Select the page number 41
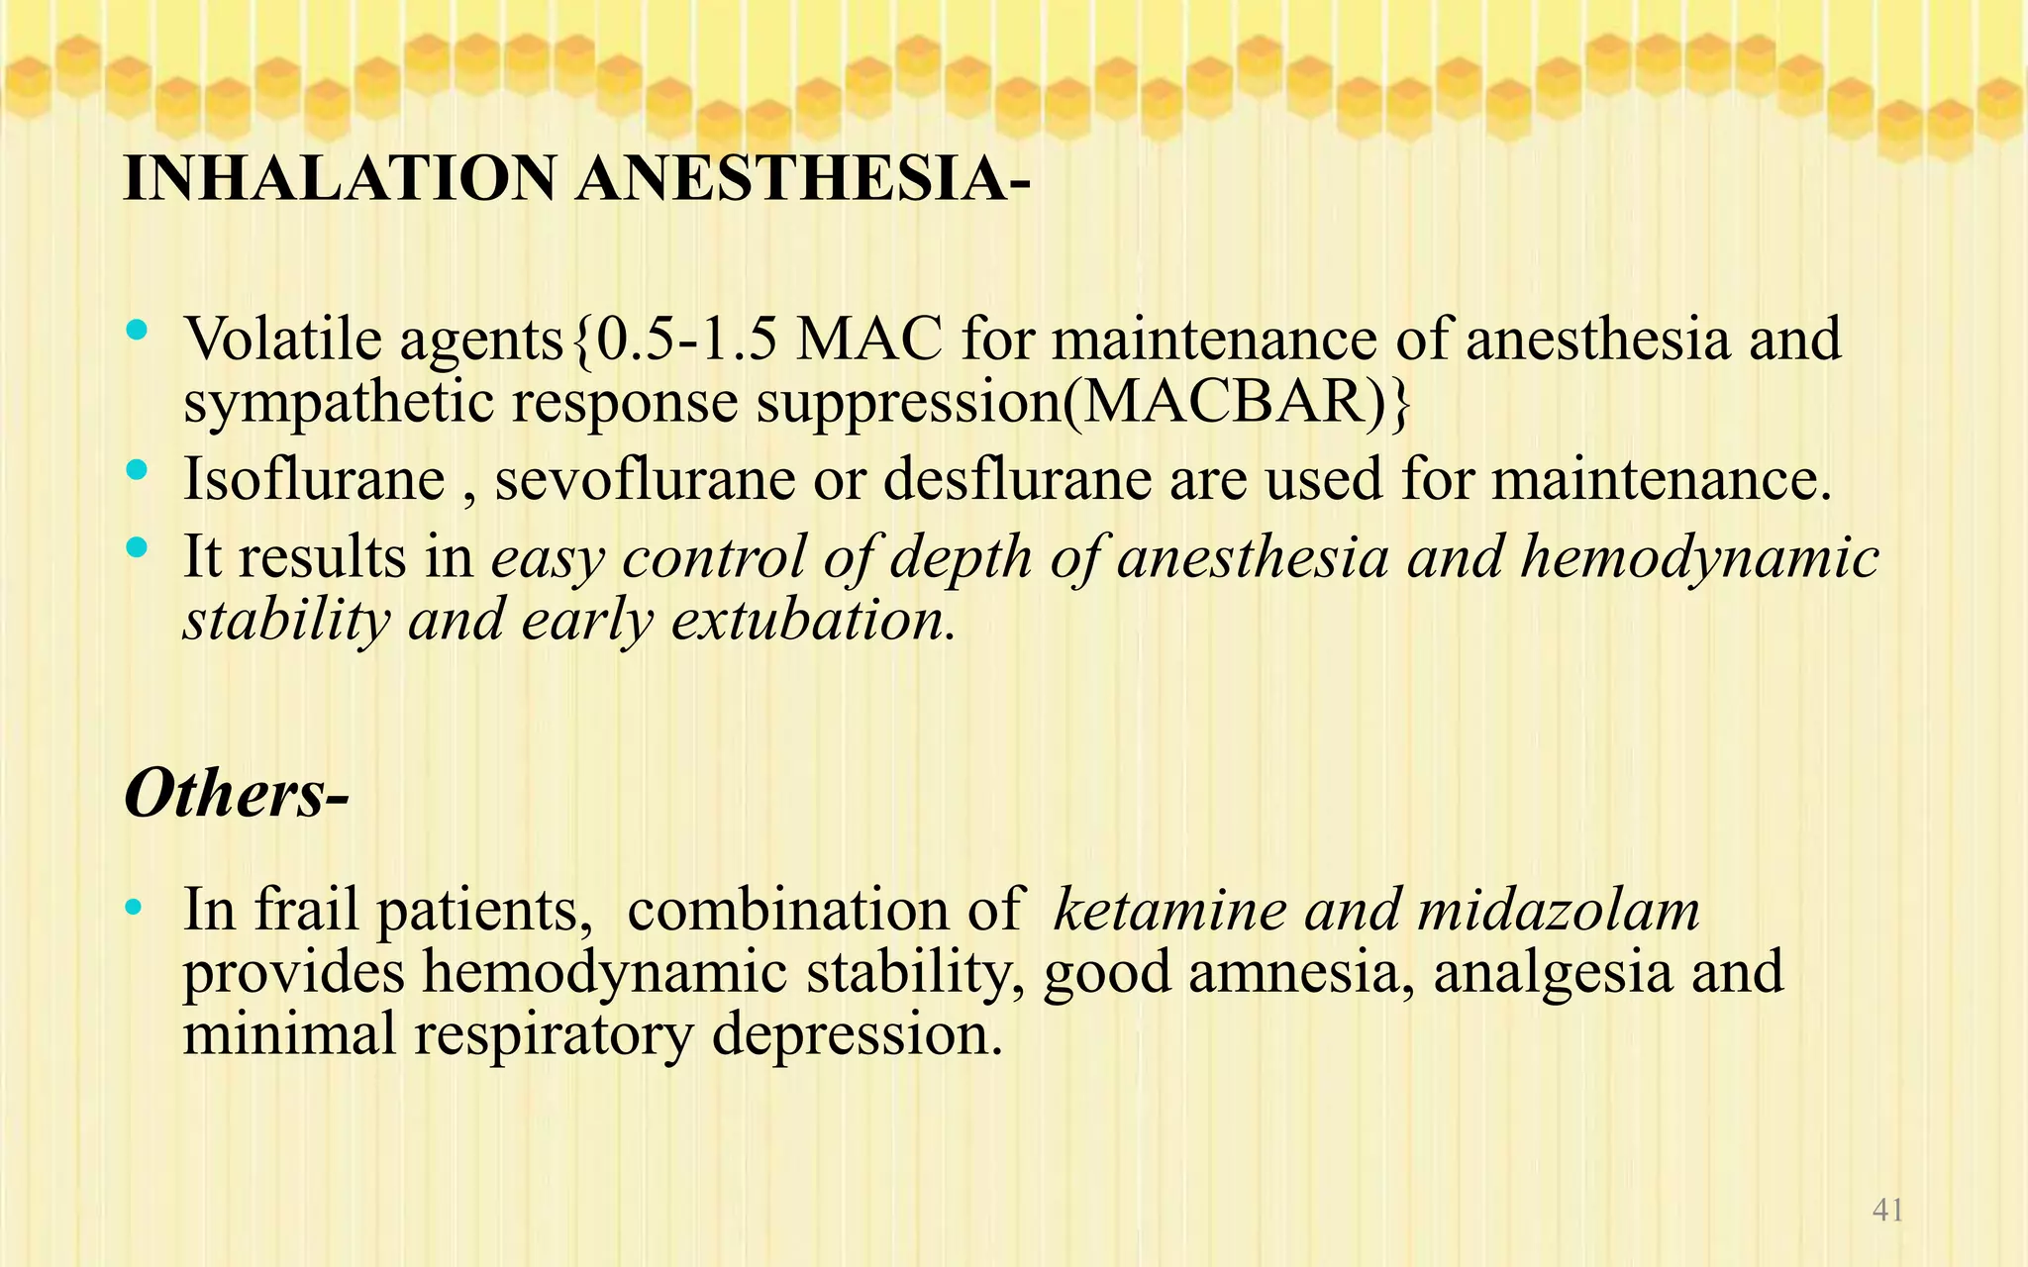(1887, 1210)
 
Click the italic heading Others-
(237, 793)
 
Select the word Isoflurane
(314, 480)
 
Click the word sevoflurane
(645, 480)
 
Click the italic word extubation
(813, 621)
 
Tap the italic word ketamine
(1168, 910)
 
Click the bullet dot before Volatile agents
(138, 329)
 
